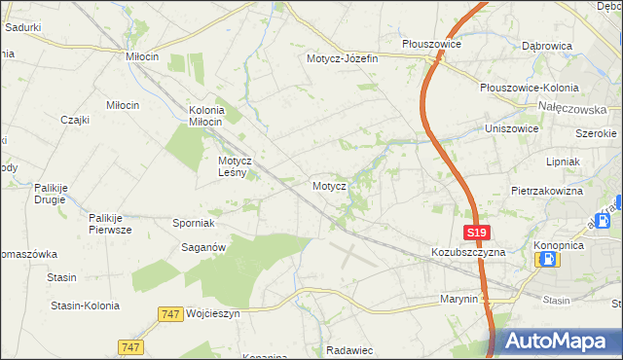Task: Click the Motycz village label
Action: pos(329,184)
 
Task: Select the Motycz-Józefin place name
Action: pos(342,58)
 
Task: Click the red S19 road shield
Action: pos(475,234)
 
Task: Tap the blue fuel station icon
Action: pos(547,259)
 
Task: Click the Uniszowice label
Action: pos(513,128)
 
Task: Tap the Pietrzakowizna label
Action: pos(546,191)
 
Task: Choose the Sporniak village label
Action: pos(194,223)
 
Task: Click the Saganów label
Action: pos(204,247)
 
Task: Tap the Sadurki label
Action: pos(22,27)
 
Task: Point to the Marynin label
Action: pos(459,299)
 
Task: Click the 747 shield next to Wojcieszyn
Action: pos(169,314)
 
